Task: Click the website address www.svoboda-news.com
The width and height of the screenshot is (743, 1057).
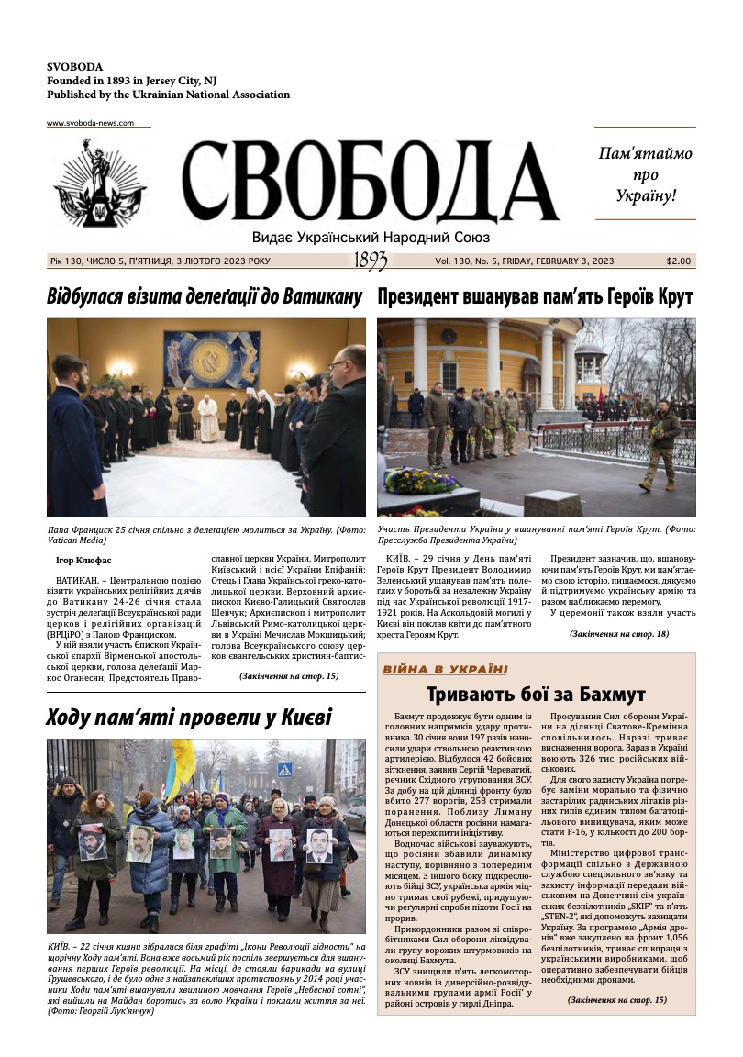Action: (90, 123)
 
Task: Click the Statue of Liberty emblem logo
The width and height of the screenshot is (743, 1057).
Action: (100, 184)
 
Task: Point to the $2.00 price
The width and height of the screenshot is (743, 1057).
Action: (680, 261)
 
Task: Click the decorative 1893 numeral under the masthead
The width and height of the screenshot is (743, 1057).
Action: (371, 261)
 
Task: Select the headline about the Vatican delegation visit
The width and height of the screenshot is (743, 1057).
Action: (205, 297)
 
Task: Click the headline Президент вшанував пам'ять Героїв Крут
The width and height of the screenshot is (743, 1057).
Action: (535, 297)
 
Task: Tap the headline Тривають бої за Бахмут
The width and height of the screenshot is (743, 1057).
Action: (536, 695)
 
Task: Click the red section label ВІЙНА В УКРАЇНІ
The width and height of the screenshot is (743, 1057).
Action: (445, 670)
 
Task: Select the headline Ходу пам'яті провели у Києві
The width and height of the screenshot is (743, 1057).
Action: (189, 718)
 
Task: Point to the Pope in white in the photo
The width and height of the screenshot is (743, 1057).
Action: (209, 418)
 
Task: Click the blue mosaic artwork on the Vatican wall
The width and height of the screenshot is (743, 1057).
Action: (211, 360)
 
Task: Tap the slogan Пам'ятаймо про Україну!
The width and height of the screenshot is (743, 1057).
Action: (645, 174)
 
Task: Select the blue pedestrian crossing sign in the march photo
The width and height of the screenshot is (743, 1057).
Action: (285, 770)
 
